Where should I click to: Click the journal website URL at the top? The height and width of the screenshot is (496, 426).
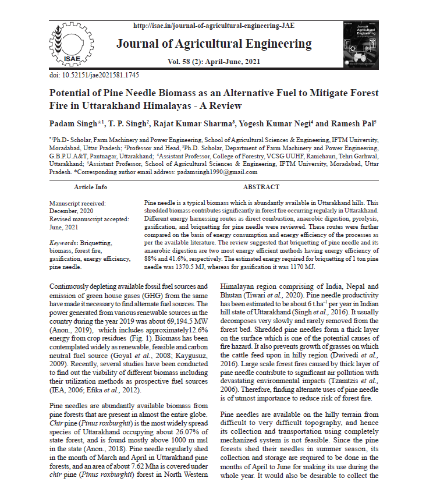coord(214,26)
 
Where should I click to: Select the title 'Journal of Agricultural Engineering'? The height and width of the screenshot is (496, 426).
coord(214,44)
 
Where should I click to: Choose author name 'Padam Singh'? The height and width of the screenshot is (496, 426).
coord(74,124)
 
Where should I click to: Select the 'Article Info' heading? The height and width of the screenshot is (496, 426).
coord(90,187)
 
